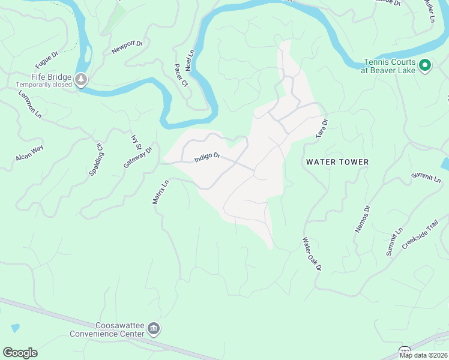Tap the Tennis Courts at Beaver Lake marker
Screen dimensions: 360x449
click(425, 65)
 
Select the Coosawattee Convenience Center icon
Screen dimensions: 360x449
click(154, 329)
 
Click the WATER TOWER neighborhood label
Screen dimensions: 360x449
click(337, 162)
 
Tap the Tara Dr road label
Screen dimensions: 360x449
click(322, 129)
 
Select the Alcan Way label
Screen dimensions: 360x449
click(29, 153)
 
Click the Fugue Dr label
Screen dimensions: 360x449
click(46, 60)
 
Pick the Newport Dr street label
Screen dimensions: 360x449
click(127, 47)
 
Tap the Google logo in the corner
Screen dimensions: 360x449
click(20, 353)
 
